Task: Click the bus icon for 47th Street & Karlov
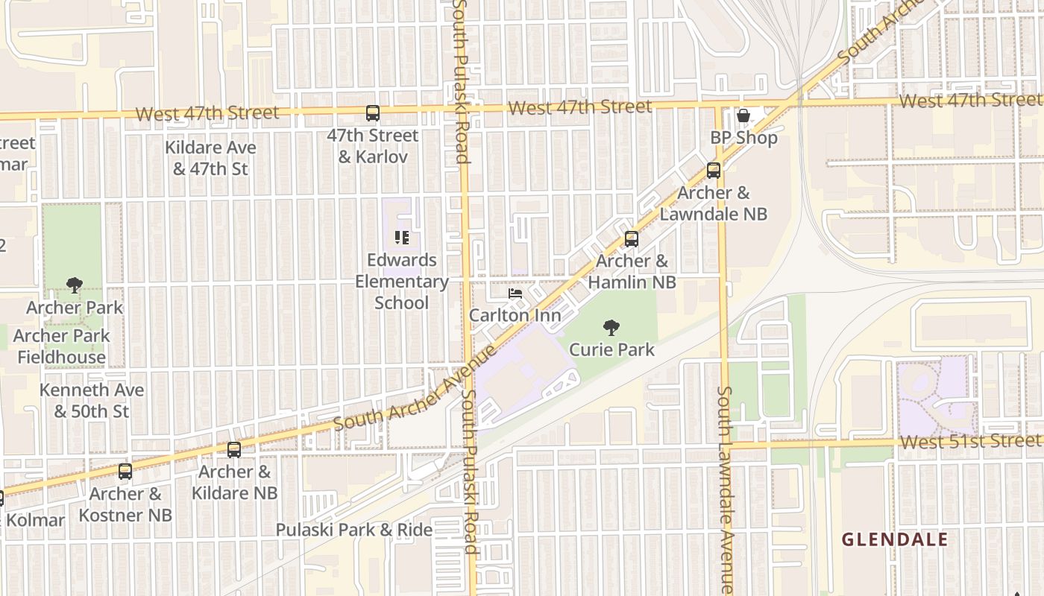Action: click(373, 113)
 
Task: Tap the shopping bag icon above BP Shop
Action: click(743, 115)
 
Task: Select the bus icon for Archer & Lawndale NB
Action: click(714, 171)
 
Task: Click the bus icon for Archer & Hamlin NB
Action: click(632, 239)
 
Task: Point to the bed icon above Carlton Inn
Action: click(515, 294)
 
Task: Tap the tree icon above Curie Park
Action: click(611, 327)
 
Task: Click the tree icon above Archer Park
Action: click(74, 285)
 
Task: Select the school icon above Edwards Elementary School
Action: click(402, 238)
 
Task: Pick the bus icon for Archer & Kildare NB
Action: click(234, 450)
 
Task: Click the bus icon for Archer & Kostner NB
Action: click(125, 472)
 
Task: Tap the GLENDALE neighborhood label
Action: click(895, 539)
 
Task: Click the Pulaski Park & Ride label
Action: click(354, 530)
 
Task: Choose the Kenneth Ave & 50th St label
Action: click(92, 401)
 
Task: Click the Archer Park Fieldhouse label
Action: click(62, 346)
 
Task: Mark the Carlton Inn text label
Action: click(515, 316)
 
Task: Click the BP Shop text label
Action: click(743, 138)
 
